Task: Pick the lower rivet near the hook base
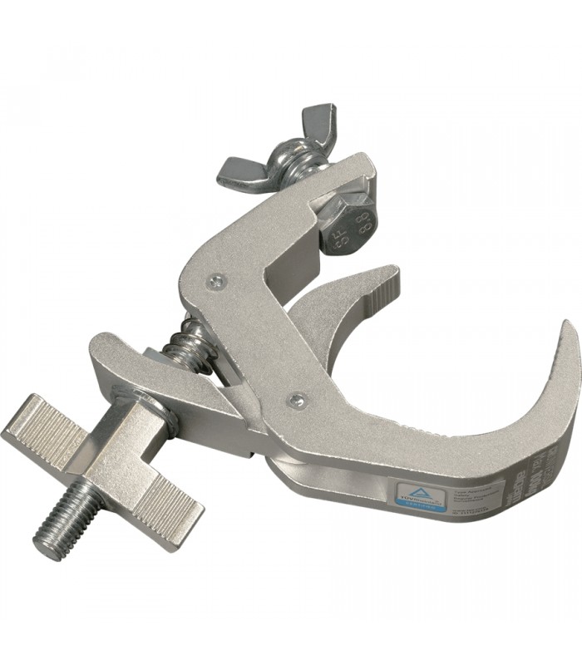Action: click(296, 400)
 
